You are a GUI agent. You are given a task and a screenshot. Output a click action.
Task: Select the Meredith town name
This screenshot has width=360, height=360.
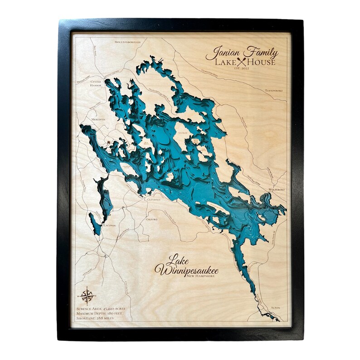coord(98,119)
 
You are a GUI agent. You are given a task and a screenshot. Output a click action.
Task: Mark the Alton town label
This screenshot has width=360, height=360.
coord(274,308)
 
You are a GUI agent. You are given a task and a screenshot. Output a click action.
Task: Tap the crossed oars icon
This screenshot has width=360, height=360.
coord(241,62)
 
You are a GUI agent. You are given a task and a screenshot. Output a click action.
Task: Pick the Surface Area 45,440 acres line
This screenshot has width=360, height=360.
coord(101,308)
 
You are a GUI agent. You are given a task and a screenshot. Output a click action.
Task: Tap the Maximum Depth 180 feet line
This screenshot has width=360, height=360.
coord(101,313)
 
